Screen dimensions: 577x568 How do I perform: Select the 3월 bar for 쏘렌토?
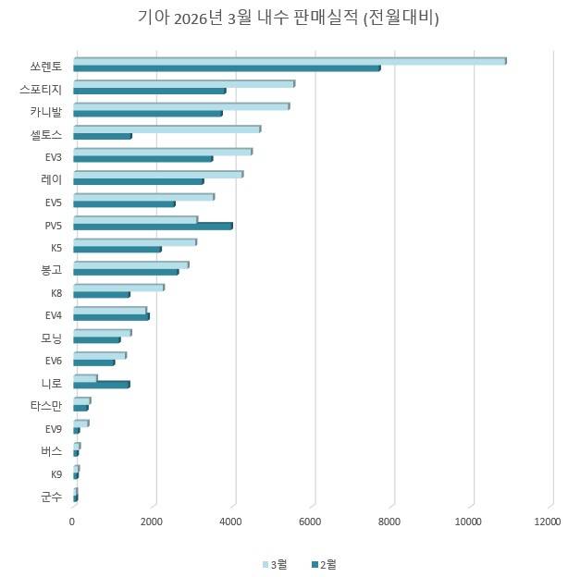(289, 61)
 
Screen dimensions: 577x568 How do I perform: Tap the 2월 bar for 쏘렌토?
(226, 68)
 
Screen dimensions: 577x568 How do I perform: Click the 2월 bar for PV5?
(152, 226)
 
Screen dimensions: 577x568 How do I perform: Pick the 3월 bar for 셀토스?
(167, 129)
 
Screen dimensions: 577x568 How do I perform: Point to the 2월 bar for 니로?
(101, 384)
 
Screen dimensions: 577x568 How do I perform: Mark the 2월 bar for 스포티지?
(149, 91)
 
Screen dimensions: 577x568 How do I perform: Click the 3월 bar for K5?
(134, 242)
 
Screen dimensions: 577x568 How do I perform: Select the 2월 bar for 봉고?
(125, 272)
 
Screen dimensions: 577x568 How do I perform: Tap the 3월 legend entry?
(275, 563)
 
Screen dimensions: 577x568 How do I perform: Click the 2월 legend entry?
(323, 563)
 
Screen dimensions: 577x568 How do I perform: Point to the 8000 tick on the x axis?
(393, 522)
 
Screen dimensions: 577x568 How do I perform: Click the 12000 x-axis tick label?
(548, 522)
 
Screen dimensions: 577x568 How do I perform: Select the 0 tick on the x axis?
(73, 522)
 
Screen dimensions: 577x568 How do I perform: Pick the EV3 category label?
(53, 157)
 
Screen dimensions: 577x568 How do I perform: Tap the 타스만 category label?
(46, 406)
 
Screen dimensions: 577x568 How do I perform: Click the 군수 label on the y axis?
(52, 497)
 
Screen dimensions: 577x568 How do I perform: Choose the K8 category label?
(56, 293)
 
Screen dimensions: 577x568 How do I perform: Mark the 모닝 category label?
(52, 338)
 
